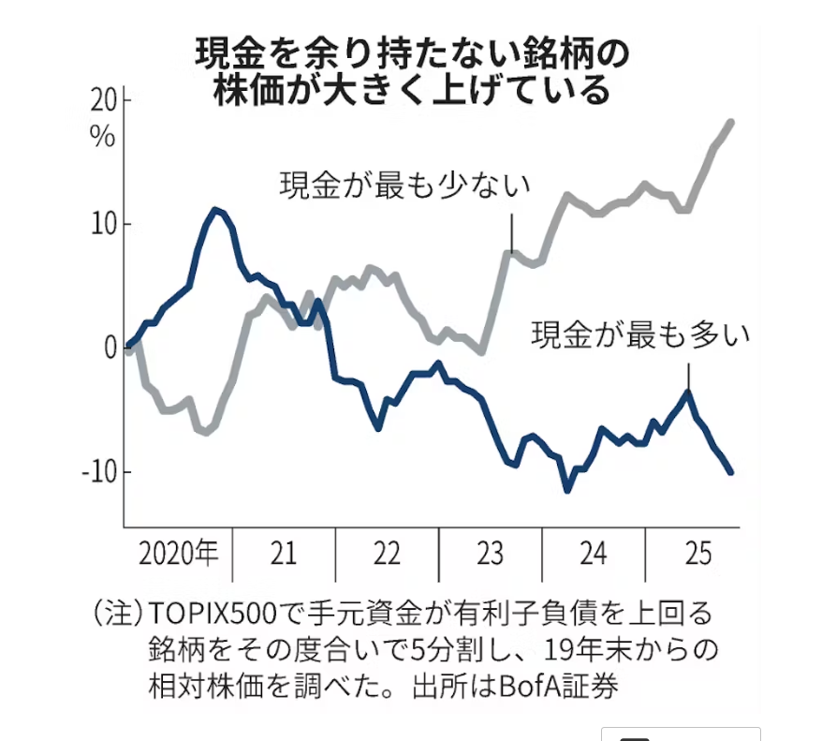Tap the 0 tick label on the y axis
109,348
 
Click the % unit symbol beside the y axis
102,136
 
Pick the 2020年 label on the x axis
178,554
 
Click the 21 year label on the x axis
284,554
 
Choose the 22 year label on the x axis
387,554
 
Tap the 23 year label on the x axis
490,554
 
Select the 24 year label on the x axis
594,554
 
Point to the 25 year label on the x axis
696,554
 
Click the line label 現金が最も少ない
405,184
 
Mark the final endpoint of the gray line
730,122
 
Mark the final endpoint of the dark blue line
730,472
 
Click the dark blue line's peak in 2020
215,209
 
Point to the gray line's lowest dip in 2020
204,433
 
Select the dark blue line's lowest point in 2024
566,489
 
